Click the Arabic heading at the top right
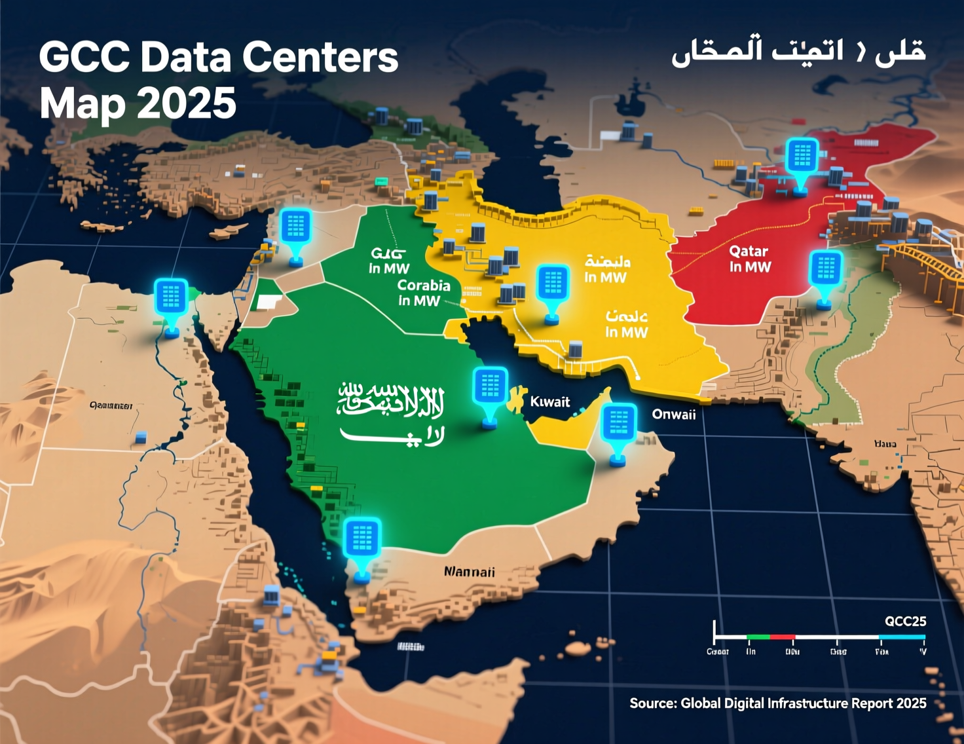click(x=798, y=50)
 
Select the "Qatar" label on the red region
click(x=749, y=251)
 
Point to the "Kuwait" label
click(x=549, y=401)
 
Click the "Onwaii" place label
click(x=673, y=414)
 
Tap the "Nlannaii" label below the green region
click(x=470, y=572)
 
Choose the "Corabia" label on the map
click(x=424, y=286)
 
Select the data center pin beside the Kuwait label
click(x=490, y=390)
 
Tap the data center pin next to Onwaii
click(x=618, y=426)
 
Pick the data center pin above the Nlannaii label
click(x=362, y=541)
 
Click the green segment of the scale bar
click(x=758, y=637)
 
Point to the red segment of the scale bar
click(x=783, y=637)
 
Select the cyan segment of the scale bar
click(x=902, y=637)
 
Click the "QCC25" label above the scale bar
click(x=905, y=621)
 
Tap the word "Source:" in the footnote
click(x=653, y=703)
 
